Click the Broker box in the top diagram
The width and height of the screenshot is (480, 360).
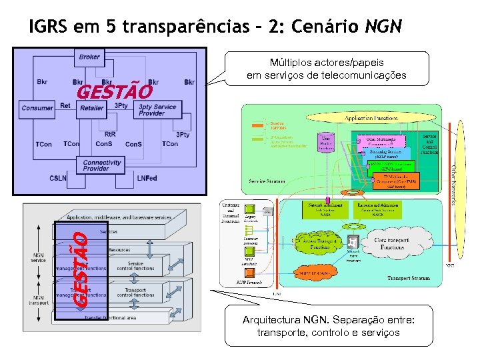click(x=89, y=57)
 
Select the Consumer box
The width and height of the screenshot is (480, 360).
click(x=37, y=108)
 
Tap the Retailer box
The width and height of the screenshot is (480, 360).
click(x=91, y=108)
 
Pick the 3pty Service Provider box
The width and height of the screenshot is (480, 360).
click(x=157, y=109)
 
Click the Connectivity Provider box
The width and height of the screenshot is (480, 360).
click(x=102, y=165)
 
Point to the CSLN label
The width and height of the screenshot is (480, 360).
click(x=58, y=178)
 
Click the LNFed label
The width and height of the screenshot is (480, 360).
click(x=146, y=178)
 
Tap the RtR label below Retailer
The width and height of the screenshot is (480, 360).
click(x=110, y=134)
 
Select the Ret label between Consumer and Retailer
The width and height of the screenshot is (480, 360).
click(x=65, y=105)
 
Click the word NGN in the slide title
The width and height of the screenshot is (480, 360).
click(x=383, y=27)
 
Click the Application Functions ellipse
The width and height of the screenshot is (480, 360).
click(x=371, y=118)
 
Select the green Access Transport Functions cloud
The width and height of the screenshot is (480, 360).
click(x=321, y=245)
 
